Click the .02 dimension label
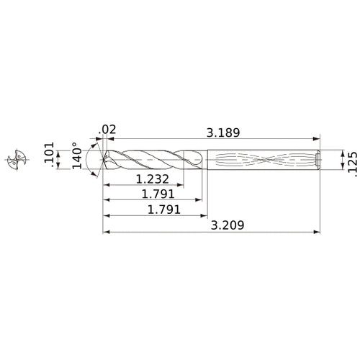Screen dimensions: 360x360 (108, 130)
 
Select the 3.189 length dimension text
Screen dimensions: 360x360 (223, 132)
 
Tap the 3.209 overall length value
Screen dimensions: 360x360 (224, 225)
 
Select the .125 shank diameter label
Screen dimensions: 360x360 (351, 159)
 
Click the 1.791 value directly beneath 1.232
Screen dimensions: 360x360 (156, 195)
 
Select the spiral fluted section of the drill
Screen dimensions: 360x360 (151, 159)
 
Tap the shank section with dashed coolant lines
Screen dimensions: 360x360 (259, 159)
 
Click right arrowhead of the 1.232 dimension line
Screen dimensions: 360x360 (182, 186)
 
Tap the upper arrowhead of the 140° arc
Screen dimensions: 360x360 (96, 142)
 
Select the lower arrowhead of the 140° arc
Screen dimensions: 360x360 (96, 175)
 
